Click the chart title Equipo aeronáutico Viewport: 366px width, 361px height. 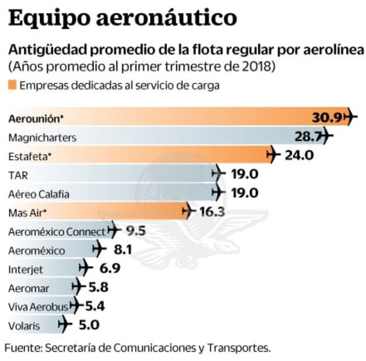[x=123, y=17]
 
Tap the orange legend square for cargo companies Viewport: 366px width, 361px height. [x=12, y=86]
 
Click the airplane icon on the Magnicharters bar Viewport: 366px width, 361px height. [x=326, y=137]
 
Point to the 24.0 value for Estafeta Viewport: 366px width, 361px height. [x=299, y=155]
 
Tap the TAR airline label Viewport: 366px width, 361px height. [x=17, y=174]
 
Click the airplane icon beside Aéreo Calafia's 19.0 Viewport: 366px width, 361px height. [x=218, y=193]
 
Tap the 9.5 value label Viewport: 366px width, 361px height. [x=135, y=231]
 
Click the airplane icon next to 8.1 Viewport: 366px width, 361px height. [x=100, y=250]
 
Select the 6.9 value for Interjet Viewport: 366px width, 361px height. [x=111, y=268]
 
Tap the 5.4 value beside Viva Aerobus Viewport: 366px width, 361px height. [x=95, y=306]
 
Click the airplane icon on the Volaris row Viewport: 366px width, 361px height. [x=65, y=325]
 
